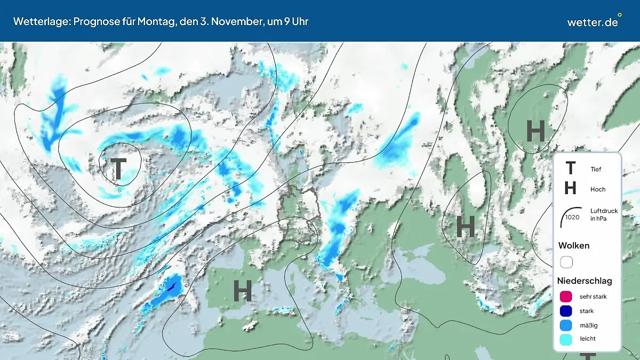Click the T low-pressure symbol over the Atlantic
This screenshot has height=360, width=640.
pos(118,169)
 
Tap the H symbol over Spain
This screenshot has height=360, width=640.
pos(242,291)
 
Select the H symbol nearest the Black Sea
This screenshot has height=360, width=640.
pos(466,227)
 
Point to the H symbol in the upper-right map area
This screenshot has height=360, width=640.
pos(535,131)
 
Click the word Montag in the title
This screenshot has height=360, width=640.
pos(171,21)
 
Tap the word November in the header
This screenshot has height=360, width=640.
pos(240,21)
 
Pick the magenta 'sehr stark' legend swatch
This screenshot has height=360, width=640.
pos(566,297)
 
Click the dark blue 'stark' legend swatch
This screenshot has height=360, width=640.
pos(566,310)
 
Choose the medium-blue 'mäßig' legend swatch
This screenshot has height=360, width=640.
pos(566,325)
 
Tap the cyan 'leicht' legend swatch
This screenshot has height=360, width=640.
pos(566,339)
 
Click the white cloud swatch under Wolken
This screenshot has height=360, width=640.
pos(566,262)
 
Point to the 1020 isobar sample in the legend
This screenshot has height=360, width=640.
pos(571,215)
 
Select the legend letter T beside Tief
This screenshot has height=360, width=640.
pos(570,169)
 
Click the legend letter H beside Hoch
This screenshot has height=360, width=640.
pos(570,188)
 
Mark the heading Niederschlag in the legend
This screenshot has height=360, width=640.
pos(585,281)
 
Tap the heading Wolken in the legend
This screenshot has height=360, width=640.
pos(573,245)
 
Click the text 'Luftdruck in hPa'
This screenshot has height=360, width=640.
pos(604,214)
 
